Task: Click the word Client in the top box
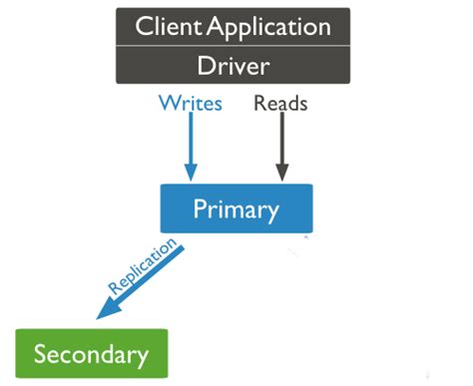click(166, 27)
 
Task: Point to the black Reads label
click(281, 102)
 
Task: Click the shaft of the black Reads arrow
click(281, 140)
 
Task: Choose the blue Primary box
click(236, 208)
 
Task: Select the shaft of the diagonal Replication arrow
click(150, 279)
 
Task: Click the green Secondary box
click(91, 353)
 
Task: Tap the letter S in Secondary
click(42, 353)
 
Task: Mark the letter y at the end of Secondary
click(142, 356)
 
